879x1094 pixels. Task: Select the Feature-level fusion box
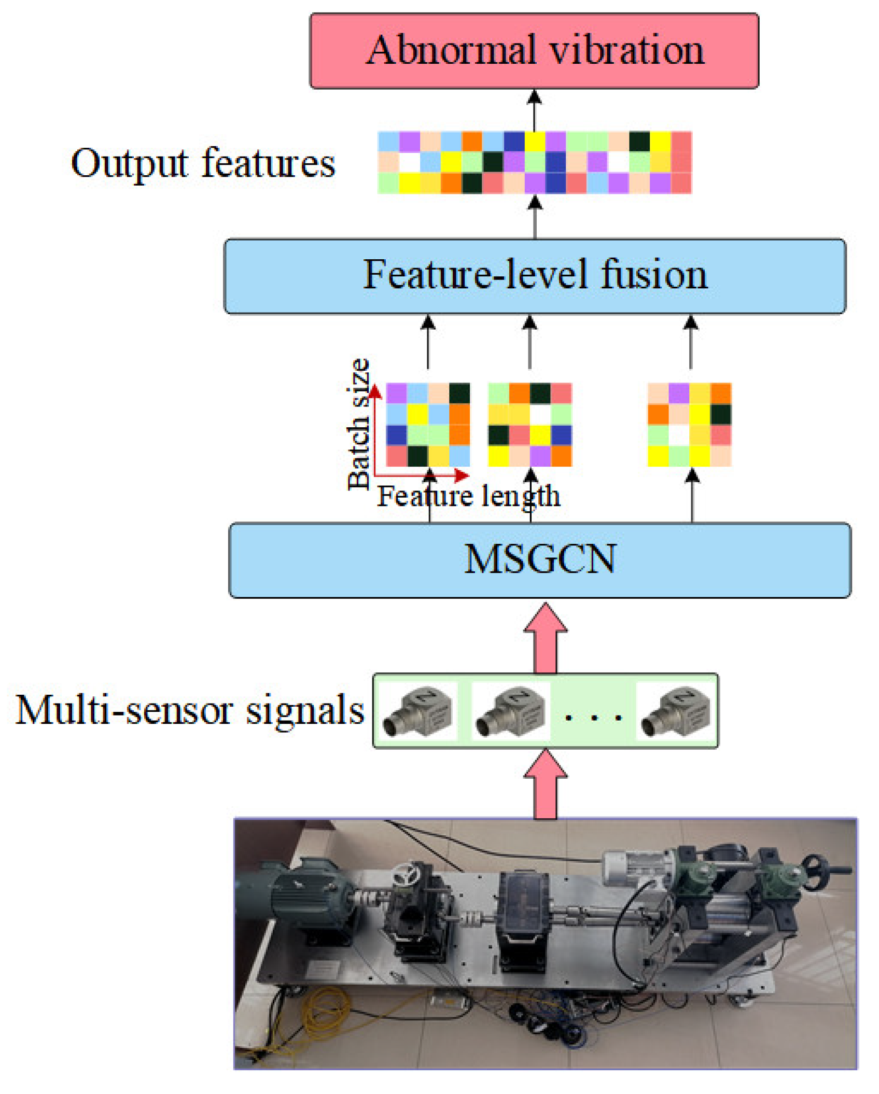click(534, 275)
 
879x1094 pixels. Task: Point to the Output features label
click(203, 163)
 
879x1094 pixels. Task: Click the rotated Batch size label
click(358, 424)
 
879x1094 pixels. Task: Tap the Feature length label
click(468, 496)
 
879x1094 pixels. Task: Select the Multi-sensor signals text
click(190, 710)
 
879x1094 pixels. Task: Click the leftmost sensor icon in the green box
click(418, 711)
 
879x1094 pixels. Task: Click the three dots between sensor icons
click(593, 718)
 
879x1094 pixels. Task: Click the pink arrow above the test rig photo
click(545, 786)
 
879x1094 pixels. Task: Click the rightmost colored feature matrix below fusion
click(689, 425)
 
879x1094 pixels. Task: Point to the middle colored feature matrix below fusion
click(529, 425)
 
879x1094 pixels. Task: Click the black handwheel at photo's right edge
click(815, 871)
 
